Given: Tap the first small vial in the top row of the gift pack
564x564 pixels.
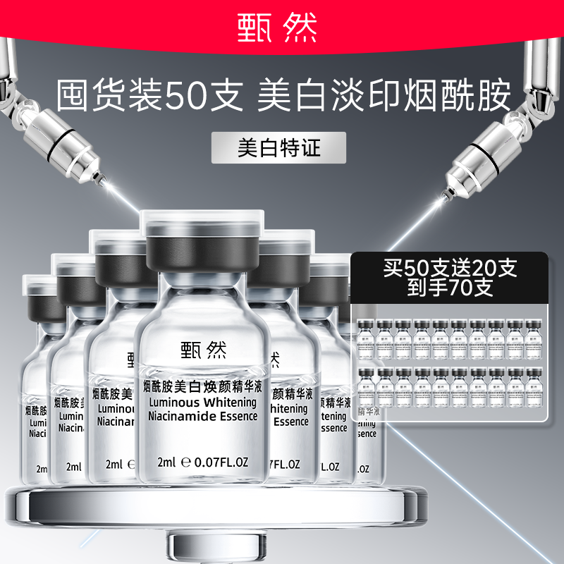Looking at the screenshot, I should (366, 336).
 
